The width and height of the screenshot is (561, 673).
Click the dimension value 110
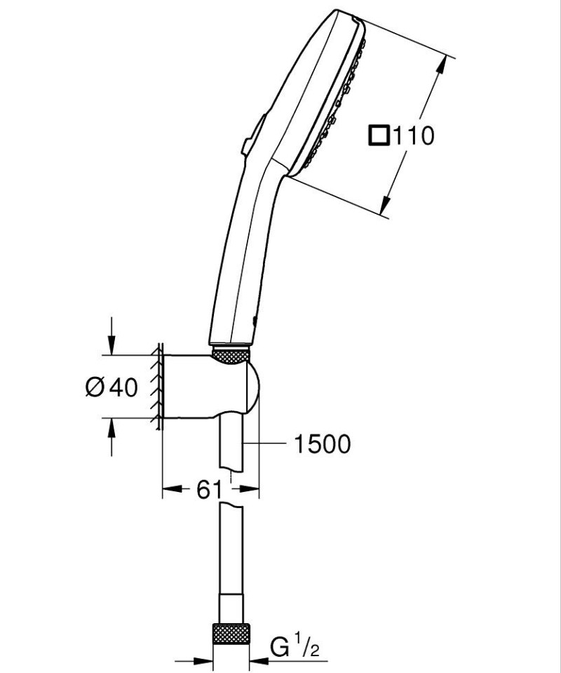tap(413, 135)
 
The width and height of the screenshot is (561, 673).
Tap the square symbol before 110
tap(379, 135)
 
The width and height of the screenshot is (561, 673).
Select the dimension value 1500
tap(323, 444)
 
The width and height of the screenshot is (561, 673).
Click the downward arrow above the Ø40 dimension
tap(110, 344)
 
